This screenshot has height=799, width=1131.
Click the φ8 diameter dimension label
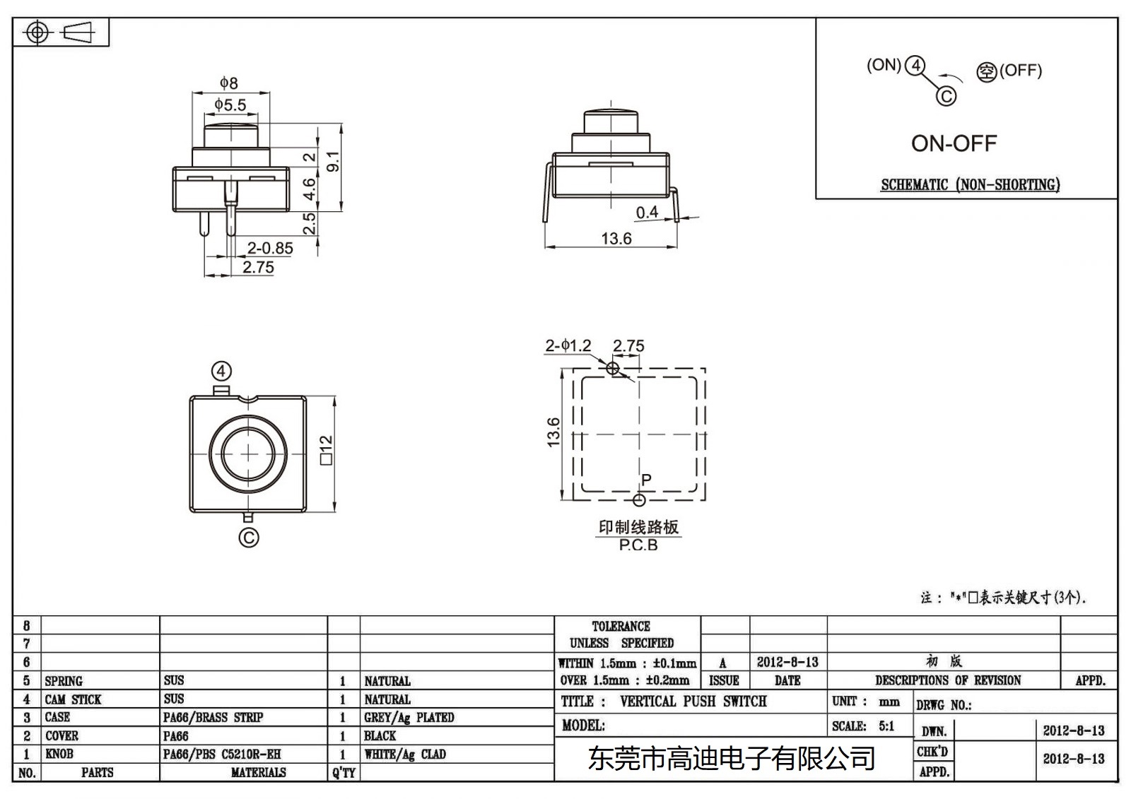pos(229,83)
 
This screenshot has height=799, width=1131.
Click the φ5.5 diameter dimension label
pos(231,105)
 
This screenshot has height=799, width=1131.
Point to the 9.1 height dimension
pos(333,162)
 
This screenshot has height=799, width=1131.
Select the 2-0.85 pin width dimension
pos(269,248)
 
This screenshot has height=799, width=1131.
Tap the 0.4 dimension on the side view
pos(646,212)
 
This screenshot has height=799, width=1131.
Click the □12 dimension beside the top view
pos(326,450)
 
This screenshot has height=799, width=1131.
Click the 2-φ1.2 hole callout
pos(568,345)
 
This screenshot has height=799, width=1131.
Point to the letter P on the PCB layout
pos(646,480)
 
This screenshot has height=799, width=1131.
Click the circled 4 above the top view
pos(221,372)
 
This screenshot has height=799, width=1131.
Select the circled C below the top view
pos(249,538)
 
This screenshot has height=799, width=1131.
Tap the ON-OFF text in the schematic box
pos(954,143)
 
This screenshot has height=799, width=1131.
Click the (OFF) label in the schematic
pos(1020,70)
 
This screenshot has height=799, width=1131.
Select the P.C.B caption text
pos(638,545)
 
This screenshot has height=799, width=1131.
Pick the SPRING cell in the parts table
pos(64,681)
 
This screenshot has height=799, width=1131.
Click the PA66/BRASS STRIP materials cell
pos(213,717)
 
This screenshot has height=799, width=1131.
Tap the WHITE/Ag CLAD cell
pos(405,754)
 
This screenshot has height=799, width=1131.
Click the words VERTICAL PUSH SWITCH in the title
pos(693,702)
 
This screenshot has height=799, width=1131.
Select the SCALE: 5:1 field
pos(862,726)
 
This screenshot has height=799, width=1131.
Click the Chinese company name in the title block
pos(732,759)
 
